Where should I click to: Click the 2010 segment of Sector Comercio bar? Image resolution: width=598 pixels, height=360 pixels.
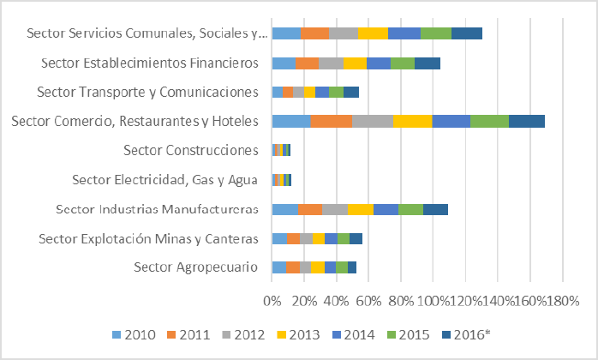click(291, 121)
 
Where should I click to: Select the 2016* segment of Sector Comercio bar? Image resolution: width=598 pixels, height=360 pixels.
click(526, 121)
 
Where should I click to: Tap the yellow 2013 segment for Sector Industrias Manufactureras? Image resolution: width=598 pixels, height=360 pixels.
click(360, 209)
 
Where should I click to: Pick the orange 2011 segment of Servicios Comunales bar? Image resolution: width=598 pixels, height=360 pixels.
click(314, 33)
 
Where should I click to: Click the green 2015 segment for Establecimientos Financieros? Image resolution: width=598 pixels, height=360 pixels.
click(402, 63)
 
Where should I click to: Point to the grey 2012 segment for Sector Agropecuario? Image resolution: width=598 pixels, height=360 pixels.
click(305, 267)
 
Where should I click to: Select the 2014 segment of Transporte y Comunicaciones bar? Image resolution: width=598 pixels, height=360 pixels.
click(321, 92)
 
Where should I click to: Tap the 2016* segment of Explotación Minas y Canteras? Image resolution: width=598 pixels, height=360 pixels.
click(356, 238)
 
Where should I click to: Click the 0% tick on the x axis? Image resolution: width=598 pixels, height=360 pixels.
click(272, 301)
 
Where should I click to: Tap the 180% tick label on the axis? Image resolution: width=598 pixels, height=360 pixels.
click(563, 301)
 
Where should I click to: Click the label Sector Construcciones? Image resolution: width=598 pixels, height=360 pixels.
click(191, 151)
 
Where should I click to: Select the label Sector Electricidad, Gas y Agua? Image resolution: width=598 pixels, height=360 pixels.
click(164, 180)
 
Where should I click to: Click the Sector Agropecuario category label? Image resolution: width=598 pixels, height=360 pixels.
click(195, 267)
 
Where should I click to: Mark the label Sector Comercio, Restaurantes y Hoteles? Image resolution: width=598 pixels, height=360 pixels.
click(135, 122)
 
